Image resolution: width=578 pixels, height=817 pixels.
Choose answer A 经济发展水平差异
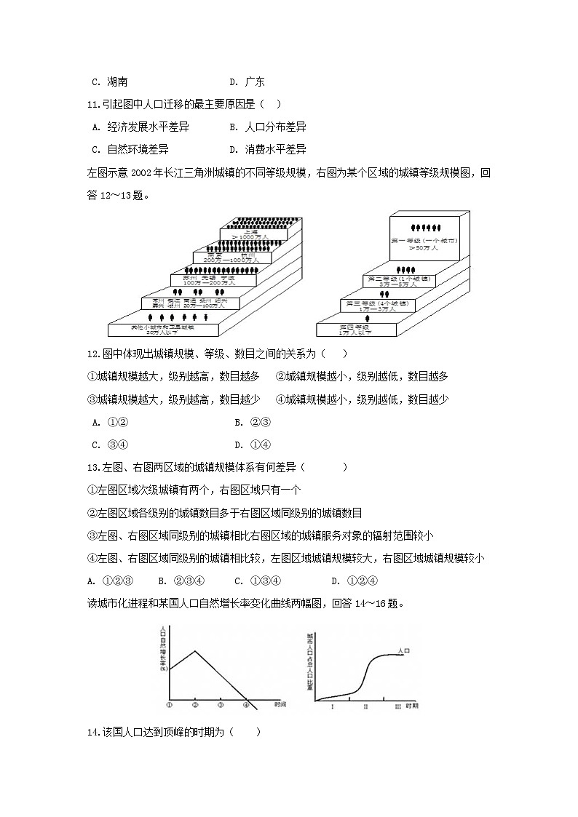(142, 127)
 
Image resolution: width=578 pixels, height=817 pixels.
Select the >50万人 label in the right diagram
(423, 248)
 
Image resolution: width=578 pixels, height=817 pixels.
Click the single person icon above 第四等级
(368, 318)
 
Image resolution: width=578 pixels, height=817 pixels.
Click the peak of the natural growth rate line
(194, 650)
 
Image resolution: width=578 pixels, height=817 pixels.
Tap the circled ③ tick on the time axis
(221, 704)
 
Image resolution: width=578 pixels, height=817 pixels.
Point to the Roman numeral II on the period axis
(365, 706)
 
